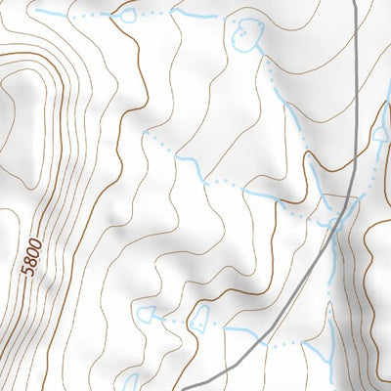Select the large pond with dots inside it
[247, 34]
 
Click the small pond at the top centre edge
[124, 14]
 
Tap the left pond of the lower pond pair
[148, 314]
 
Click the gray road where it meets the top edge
[355, 3]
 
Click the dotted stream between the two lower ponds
[174, 319]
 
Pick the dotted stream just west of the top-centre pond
[93, 17]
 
